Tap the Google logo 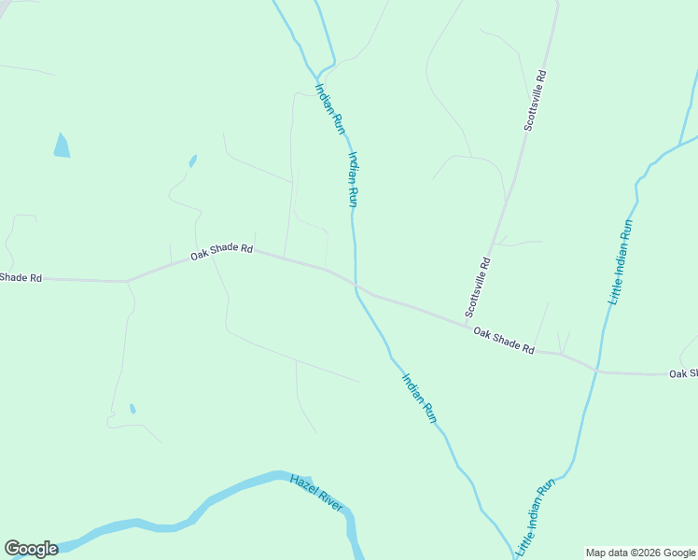coord(31,549)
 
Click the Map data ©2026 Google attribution coord(640,553)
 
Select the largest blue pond coord(62,146)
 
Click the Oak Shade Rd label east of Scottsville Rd coord(503,341)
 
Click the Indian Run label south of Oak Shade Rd coord(419,399)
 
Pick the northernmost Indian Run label coord(330,109)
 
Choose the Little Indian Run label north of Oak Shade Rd coord(621,262)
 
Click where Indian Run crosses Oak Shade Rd coord(356,283)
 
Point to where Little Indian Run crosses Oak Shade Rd coord(596,369)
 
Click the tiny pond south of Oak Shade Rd coord(133,409)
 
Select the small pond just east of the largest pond coord(193,161)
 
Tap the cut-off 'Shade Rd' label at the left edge coord(21,277)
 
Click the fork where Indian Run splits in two coord(317,74)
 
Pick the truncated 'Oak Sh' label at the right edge coord(683,374)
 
